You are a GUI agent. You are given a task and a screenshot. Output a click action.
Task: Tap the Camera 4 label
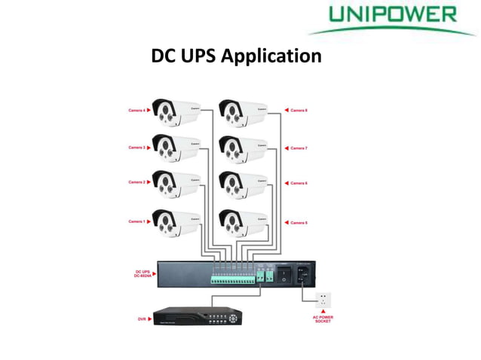[136, 111]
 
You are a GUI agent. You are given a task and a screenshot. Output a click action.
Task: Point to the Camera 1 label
[136, 221]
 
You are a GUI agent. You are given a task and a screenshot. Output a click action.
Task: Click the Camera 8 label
[299, 111]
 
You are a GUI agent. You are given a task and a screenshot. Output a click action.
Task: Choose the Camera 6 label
[299, 184]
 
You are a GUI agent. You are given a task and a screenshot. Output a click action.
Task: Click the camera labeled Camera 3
[175, 145]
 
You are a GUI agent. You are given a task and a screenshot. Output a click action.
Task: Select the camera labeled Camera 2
[175, 183]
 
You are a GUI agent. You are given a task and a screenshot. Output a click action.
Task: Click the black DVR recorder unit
[196, 316]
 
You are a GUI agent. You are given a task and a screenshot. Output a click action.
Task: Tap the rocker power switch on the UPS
[283, 276]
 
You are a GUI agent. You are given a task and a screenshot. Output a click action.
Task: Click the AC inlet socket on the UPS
[304, 276]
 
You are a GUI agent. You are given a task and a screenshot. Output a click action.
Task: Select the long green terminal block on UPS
[233, 279]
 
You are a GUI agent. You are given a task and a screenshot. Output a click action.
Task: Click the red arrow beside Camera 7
[286, 148]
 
